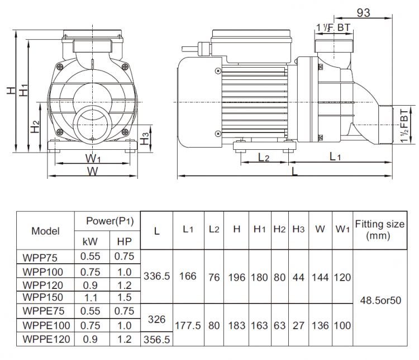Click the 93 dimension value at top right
[363, 13]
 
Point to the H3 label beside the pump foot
[145, 139]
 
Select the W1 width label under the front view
[93, 158]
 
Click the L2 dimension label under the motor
[264, 158]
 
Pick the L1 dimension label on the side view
[335, 157]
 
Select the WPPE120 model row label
[47, 339]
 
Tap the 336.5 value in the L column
[156, 276]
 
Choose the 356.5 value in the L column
[156, 339]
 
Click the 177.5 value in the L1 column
[188, 325]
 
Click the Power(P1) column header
[107, 221]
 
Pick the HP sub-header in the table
[124, 242]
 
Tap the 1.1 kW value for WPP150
[91, 297]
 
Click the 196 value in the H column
[237, 276]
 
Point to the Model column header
[46, 231]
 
